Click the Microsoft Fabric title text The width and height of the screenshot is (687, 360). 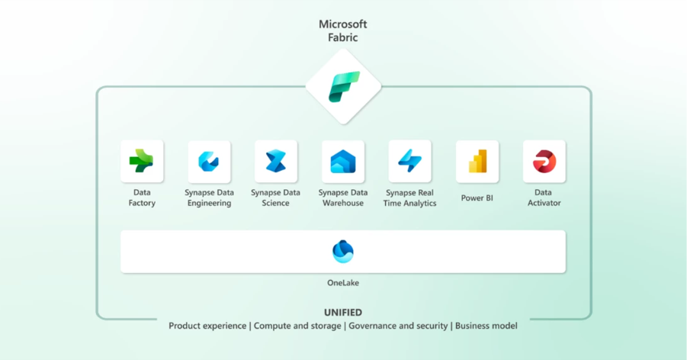click(343, 31)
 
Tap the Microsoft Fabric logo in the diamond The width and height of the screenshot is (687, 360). click(344, 87)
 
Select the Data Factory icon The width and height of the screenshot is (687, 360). click(142, 161)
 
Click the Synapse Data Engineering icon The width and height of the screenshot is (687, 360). click(209, 161)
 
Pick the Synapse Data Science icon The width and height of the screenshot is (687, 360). click(276, 161)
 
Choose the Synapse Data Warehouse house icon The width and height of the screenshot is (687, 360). click(343, 161)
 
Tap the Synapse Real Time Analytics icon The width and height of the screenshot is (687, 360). click(410, 161)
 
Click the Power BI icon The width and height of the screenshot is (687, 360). click(477, 161)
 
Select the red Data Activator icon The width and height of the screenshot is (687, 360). click(544, 161)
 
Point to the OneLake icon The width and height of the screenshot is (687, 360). click(343, 251)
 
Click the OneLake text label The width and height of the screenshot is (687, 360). click(343, 283)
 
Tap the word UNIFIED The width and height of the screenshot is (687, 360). click(343, 313)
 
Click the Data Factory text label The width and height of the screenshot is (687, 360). click(142, 198)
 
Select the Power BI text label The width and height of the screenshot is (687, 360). click(477, 198)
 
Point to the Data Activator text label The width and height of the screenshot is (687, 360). click(544, 198)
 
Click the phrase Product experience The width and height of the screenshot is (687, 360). click(208, 326)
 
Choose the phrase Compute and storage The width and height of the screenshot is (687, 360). click(297, 326)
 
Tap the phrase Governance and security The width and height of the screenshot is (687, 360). click(398, 326)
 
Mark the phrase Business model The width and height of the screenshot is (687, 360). click(486, 326)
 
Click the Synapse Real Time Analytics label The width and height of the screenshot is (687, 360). click(410, 198)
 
